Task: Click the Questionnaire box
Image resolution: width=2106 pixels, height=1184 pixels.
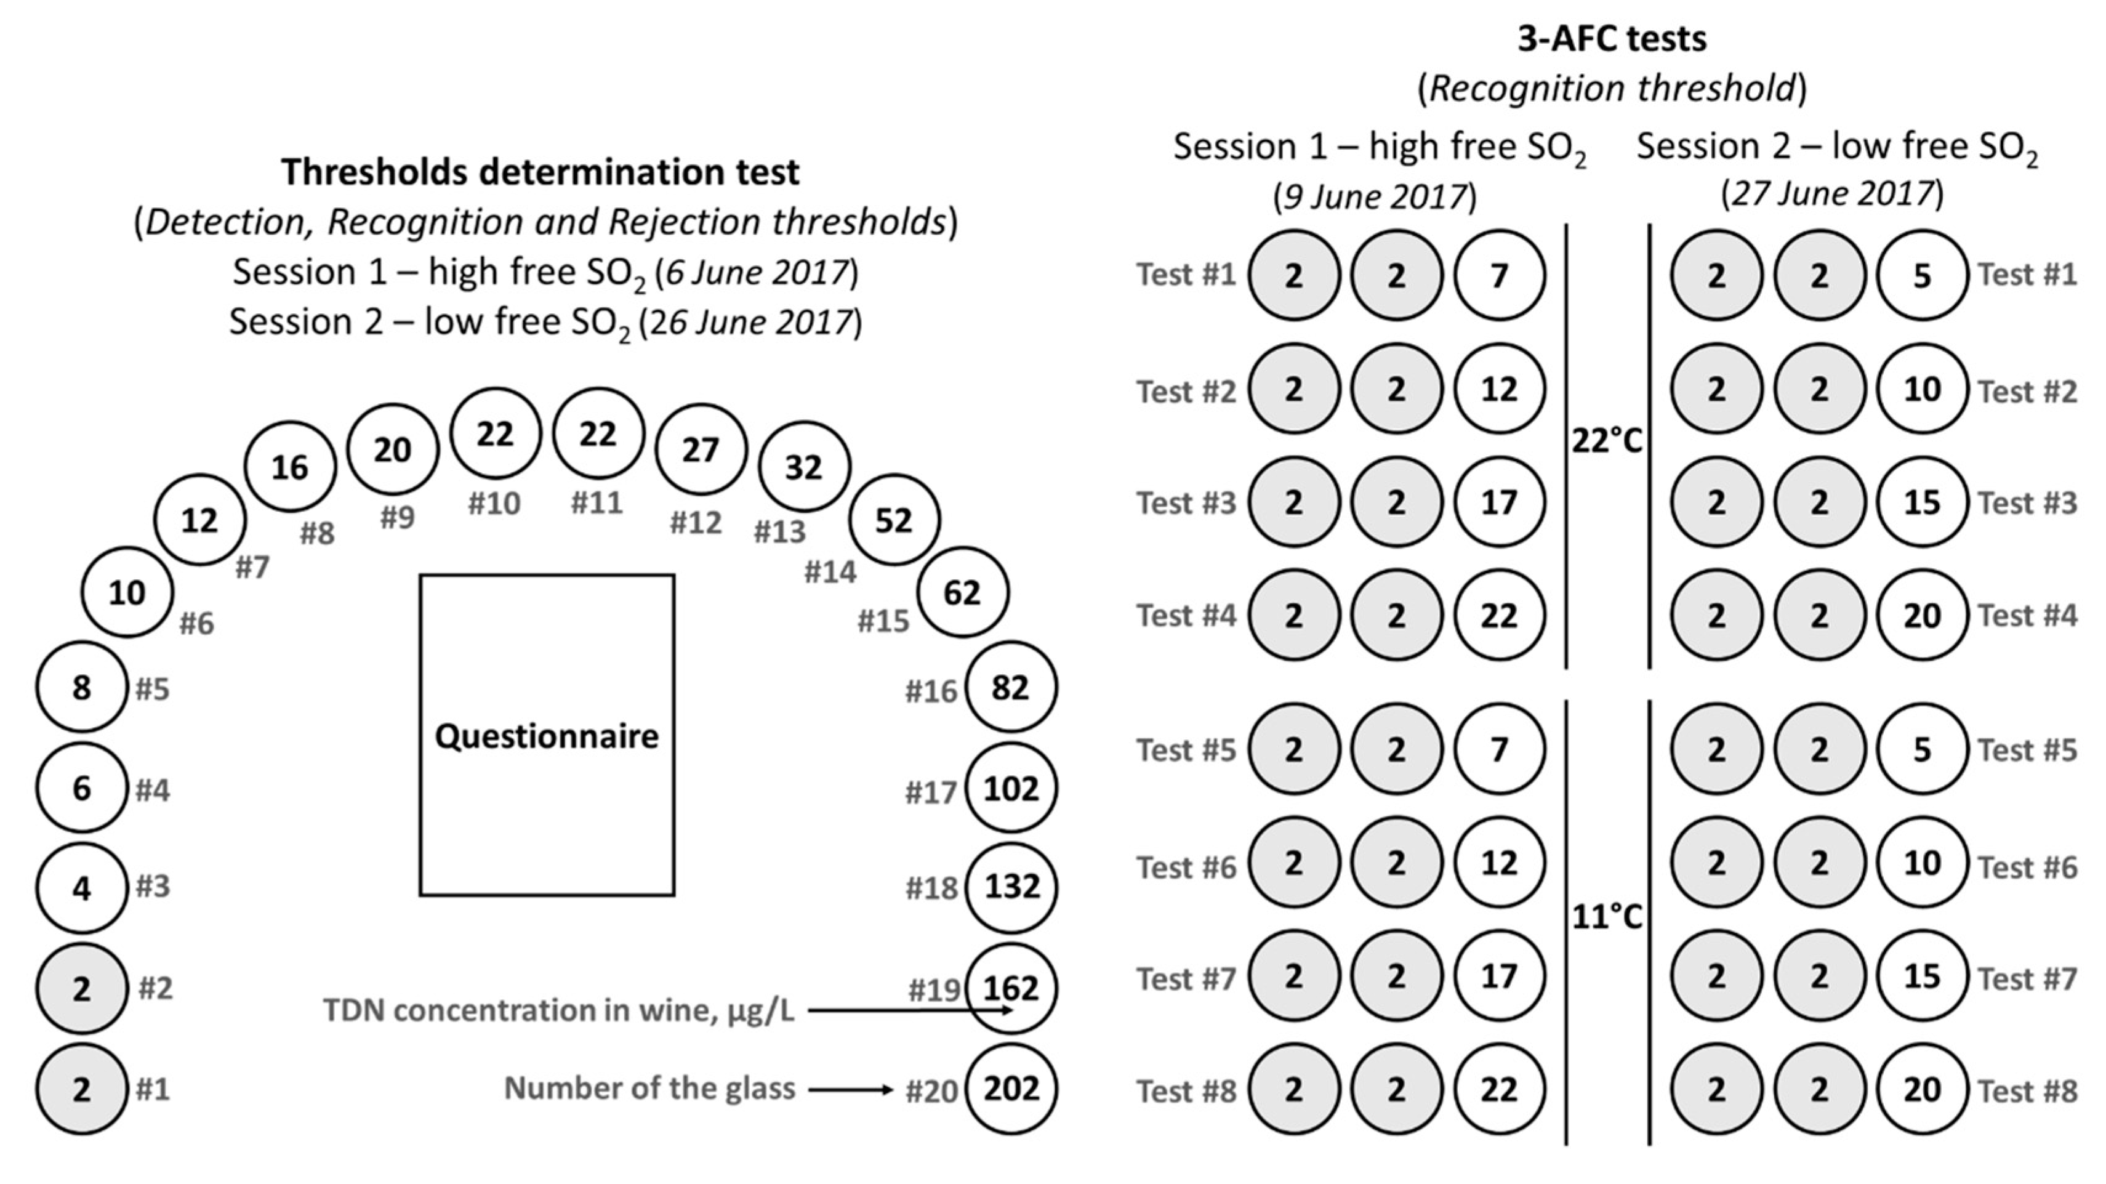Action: pos(547,735)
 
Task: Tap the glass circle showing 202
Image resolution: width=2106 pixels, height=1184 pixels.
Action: pos(1011,1089)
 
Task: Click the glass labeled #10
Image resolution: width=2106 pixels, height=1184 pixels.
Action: pos(496,433)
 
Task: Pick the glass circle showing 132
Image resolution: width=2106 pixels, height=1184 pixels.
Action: pos(1011,887)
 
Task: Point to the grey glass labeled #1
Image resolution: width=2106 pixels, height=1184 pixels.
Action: pos(82,1089)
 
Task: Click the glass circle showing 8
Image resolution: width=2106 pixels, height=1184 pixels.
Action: pos(82,687)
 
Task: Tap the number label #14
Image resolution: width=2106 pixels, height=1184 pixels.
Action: pos(830,571)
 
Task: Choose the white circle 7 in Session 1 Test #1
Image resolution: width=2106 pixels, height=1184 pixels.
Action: pos(1500,276)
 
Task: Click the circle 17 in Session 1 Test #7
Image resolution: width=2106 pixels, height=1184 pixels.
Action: pos(1500,975)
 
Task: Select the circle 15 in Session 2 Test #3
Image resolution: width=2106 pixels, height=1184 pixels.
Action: pos(1921,502)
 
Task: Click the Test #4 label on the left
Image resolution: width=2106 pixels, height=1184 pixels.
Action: pos(1186,615)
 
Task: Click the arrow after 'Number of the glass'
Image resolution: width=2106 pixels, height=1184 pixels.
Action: pos(850,1089)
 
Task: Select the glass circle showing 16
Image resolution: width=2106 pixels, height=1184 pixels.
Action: pos(290,467)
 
